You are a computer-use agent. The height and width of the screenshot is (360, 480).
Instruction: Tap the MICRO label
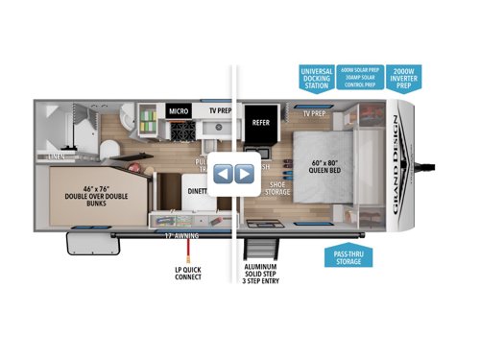pyautogui.click(x=180, y=110)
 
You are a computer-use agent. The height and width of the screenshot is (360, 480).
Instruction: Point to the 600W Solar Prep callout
pyautogui.click(x=361, y=71)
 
